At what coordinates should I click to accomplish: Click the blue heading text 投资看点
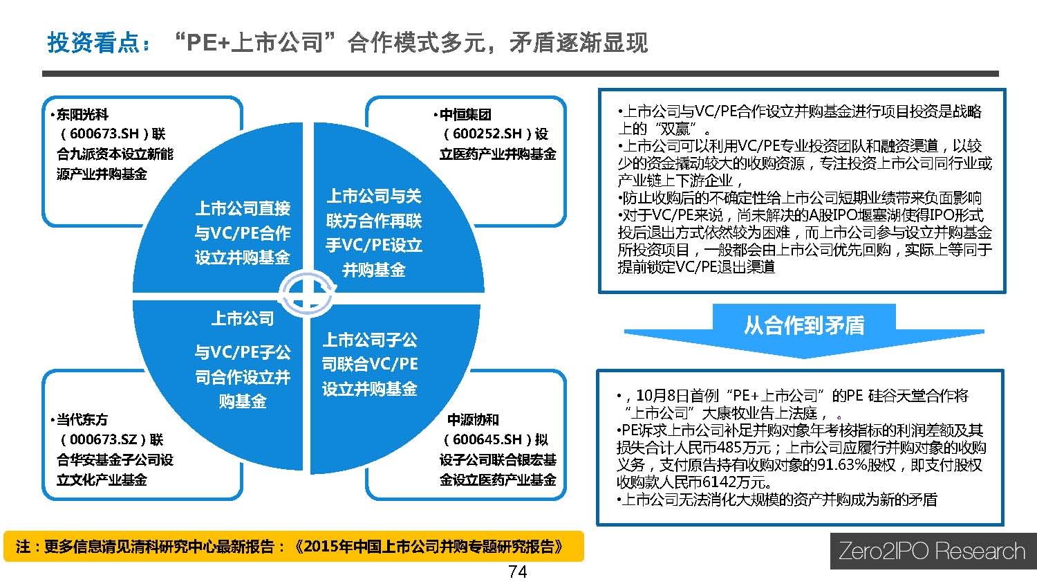coord(93,43)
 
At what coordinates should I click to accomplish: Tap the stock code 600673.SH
coord(104,134)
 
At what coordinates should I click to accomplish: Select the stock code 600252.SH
coord(487,134)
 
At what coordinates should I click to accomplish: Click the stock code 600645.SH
coord(487,439)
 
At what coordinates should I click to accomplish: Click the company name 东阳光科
coord(82,114)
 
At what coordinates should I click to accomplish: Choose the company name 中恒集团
coord(465,114)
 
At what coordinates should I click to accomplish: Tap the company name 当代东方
coord(82,419)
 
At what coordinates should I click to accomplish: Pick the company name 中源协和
coord(473,419)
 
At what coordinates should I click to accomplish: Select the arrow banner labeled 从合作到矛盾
coord(803,330)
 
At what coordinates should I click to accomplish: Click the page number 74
coord(517,572)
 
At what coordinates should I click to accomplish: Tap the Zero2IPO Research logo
coord(933,551)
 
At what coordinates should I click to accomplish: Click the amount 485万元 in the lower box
coord(743,448)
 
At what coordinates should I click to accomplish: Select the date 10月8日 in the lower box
coord(663,396)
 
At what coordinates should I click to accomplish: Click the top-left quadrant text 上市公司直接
coord(243,208)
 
